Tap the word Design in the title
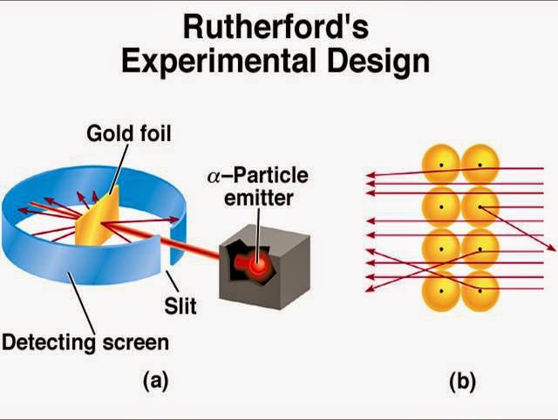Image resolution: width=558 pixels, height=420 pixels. pos(386,61)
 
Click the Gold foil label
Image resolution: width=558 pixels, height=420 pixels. pos(128,133)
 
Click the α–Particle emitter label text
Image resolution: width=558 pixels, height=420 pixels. pos(257,186)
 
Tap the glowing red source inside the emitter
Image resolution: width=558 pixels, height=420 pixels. pos(260,263)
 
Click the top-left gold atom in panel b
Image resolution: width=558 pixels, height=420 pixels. pos(441,165)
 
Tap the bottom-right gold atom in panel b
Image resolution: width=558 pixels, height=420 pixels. pos(480,289)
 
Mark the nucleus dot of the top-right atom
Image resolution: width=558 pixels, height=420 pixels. pos(480,165)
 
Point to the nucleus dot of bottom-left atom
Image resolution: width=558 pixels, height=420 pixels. pos(441,289)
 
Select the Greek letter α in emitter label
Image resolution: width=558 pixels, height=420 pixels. pos(214,177)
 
